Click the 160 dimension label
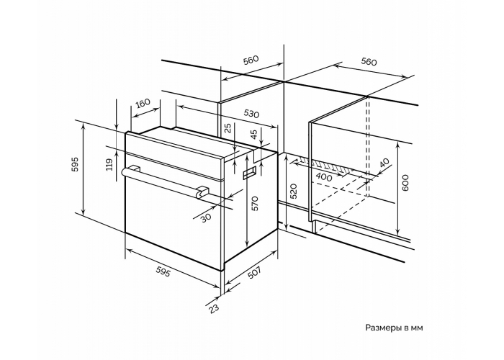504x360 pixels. (143, 103)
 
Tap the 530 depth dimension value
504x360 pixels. (251, 114)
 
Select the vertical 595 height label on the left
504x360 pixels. (75, 164)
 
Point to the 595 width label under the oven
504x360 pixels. (163, 272)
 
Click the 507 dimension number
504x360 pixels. (254, 273)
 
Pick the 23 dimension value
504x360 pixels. (214, 308)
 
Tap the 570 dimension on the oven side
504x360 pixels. (255, 204)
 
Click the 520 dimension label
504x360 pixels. (294, 191)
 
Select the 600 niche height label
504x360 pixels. (405, 183)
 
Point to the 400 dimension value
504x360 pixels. (324, 177)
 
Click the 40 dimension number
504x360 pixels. (384, 163)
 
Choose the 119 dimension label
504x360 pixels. (109, 165)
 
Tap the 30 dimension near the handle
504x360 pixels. (206, 218)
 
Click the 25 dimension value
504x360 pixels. (228, 127)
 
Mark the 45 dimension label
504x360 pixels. (254, 134)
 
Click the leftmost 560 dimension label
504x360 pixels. (251, 60)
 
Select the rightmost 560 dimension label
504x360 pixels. (369, 61)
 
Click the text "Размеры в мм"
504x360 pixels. (394, 328)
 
